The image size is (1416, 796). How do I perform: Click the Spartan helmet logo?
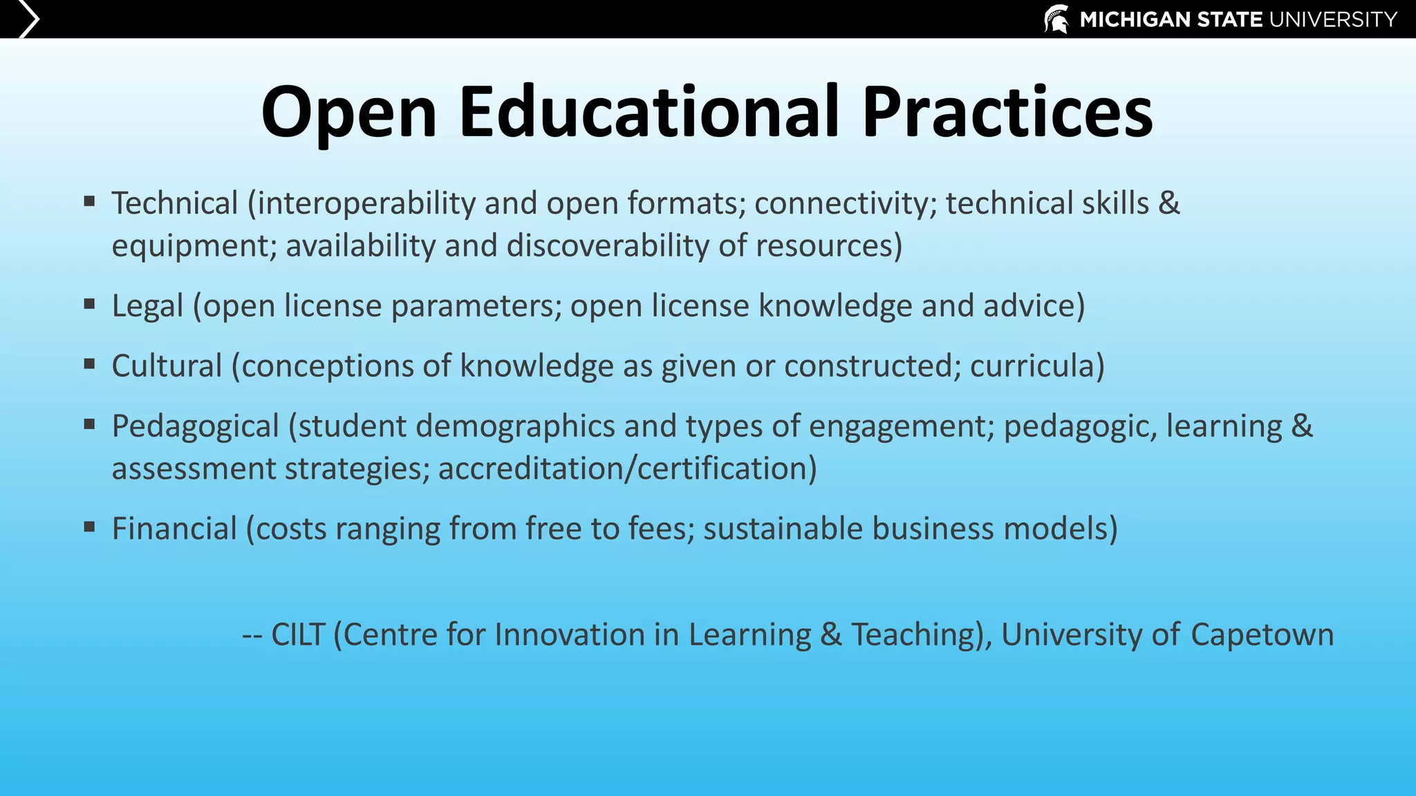(1056, 19)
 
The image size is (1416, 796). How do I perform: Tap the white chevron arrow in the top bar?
(28, 19)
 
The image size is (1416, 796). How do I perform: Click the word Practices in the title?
(1007, 113)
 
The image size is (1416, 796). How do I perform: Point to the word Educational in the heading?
(649, 113)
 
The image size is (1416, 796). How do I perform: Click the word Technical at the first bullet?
(175, 203)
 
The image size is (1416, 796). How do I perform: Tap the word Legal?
(147, 305)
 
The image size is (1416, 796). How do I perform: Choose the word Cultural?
(167, 366)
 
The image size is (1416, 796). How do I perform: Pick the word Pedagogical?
(195, 426)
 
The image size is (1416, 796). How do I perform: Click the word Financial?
(174, 529)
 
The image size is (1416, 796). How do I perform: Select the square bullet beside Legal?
(89, 303)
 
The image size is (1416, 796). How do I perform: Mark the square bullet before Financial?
(89, 527)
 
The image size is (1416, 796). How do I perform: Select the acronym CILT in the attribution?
(297, 634)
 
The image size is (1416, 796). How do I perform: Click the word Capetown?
(1262, 634)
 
